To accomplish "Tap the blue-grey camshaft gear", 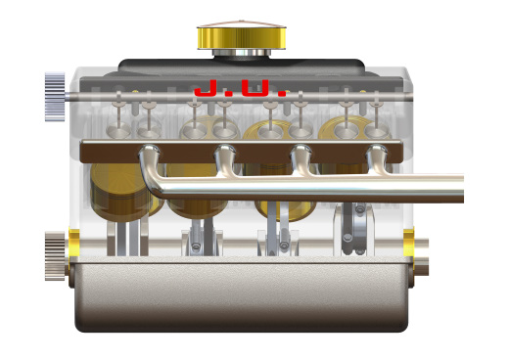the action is pos(55,97).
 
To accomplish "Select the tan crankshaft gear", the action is pos(55,256).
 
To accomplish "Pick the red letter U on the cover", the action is pos(255,88).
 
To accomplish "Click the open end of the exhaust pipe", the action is pos(462,189).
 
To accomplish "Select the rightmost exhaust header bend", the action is pos(379,159).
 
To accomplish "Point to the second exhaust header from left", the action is pos(226,159).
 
